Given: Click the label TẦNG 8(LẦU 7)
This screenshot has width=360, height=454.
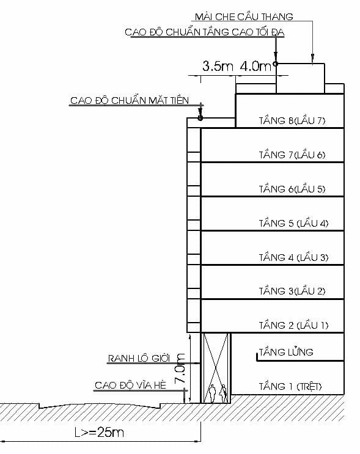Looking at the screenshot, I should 292,120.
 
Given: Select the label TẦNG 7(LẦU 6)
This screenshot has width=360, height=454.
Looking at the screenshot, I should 292,155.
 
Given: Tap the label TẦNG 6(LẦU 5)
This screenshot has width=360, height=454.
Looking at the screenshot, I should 292,189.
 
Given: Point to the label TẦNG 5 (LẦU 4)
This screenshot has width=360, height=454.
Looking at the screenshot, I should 293,223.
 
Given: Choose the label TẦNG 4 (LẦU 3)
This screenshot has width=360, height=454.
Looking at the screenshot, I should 293,257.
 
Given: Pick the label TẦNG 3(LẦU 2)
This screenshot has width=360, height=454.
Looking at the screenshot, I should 292,291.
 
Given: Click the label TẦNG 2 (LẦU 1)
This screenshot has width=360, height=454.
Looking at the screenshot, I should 293,325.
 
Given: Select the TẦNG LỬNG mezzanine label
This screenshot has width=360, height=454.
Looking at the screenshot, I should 286,352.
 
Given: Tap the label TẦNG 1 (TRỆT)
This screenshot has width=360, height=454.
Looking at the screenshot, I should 290,386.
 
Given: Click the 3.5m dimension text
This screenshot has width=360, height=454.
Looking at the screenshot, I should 218,67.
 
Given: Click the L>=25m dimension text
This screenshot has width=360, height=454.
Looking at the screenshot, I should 100,433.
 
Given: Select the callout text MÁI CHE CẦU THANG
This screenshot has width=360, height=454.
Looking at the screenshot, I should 244,16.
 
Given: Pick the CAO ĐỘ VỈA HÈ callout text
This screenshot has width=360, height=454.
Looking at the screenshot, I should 130,386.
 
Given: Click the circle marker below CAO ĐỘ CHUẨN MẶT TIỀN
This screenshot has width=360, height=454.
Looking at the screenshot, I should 200,117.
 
